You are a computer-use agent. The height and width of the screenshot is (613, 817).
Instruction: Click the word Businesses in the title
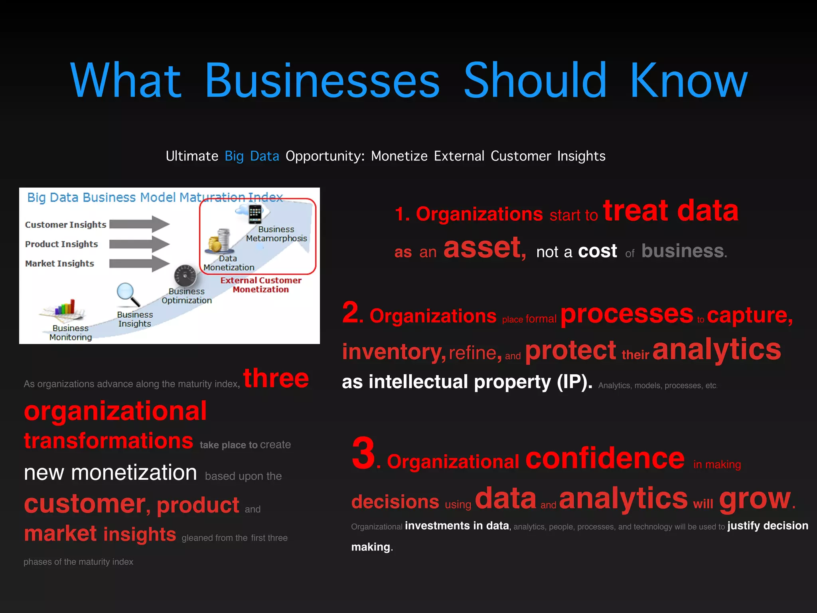point(322,81)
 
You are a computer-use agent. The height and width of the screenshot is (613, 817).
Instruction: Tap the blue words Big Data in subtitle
point(252,156)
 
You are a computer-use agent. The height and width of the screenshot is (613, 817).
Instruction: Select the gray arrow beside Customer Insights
point(139,224)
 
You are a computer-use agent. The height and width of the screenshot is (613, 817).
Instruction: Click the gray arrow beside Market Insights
point(139,263)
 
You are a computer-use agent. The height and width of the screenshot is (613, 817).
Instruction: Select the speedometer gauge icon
point(185,276)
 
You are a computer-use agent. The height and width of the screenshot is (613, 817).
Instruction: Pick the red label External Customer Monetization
point(261,285)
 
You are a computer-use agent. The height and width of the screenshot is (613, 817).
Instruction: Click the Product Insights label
point(61,244)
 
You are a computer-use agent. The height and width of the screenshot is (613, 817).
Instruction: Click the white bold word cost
point(597,251)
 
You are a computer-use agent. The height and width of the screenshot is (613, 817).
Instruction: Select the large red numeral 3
point(363,453)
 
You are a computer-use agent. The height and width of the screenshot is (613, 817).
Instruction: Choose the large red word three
point(276,378)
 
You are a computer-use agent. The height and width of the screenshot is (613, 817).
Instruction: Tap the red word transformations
point(109,441)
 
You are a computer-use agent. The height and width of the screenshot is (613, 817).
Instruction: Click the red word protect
point(570,351)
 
